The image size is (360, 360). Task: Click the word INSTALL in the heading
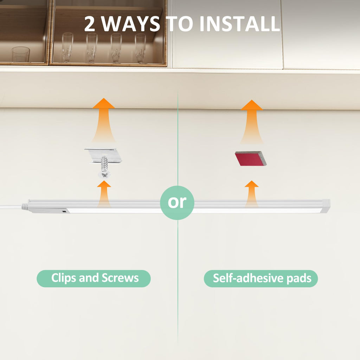tap(240, 24)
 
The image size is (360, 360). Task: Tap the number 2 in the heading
tap(90, 24)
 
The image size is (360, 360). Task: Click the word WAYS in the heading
tap(130, 24)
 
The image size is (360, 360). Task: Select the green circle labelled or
tap(177, 202)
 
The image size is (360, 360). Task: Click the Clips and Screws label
tap(94, 278)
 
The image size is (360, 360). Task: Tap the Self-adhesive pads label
tap(261, 278)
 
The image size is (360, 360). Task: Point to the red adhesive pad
tap(251, 159)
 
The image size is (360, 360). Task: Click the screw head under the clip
tap(104, 174)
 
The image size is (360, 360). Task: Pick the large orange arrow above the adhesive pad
tap(252, 122)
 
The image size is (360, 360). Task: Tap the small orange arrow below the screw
tap(104, 193)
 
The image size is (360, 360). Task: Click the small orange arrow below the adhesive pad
tap(252, 193)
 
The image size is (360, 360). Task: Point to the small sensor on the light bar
tap(64, 211)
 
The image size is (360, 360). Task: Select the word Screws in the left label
tap(120, 278)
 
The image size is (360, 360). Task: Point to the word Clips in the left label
tap(64, 278)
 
